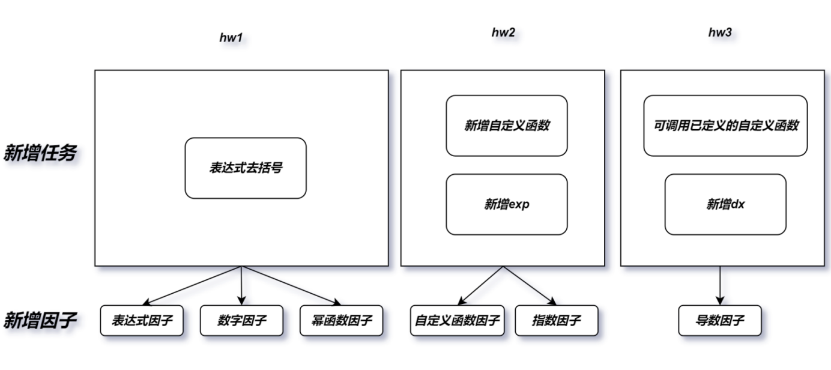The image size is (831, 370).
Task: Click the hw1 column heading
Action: click(231, 37)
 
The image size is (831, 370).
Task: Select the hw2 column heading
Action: click(503, 32)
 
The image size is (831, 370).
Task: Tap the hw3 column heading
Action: click(720, 32)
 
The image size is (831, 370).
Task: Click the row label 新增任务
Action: click(40, 153)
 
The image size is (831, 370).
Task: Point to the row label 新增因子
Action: click(40, 320)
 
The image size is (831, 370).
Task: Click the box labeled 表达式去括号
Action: click(246, 168)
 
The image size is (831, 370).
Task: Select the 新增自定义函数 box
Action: click(507, 126)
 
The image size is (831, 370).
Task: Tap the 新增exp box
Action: click(507, 204)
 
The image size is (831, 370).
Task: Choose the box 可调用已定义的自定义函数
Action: click(726, 126)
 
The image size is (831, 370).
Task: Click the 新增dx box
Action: click(726, 204)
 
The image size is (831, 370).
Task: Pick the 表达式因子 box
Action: click(142, 321)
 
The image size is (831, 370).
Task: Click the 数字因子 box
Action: click(241, 321)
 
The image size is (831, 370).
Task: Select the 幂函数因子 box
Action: click(341, 321)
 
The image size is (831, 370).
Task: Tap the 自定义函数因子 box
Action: click(458, 321)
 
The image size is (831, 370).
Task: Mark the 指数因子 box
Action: click(557, 321)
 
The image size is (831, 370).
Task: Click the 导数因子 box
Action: click(720, 321)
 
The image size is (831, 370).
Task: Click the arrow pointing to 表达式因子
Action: click(192, 286)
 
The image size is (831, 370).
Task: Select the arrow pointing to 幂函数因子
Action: click(291, 286)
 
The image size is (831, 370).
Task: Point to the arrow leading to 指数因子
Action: click(530, 286)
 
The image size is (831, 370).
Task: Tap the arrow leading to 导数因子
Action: click(720, 286)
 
